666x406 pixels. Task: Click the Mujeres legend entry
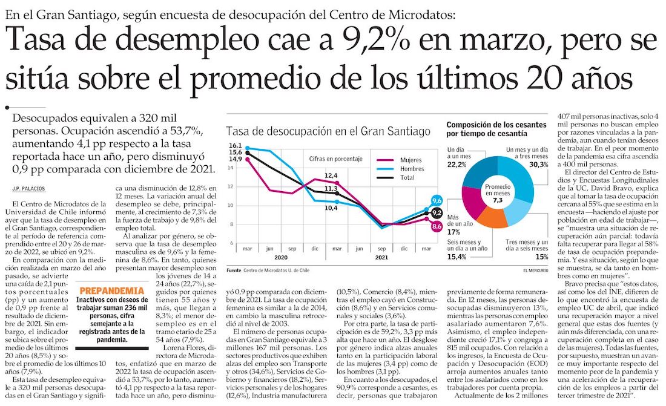411,160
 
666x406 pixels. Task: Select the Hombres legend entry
412,169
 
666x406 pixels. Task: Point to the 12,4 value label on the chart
331,175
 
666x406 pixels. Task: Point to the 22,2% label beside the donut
457,164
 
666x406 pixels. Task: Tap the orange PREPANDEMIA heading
112,291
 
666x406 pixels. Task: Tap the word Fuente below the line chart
234,270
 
